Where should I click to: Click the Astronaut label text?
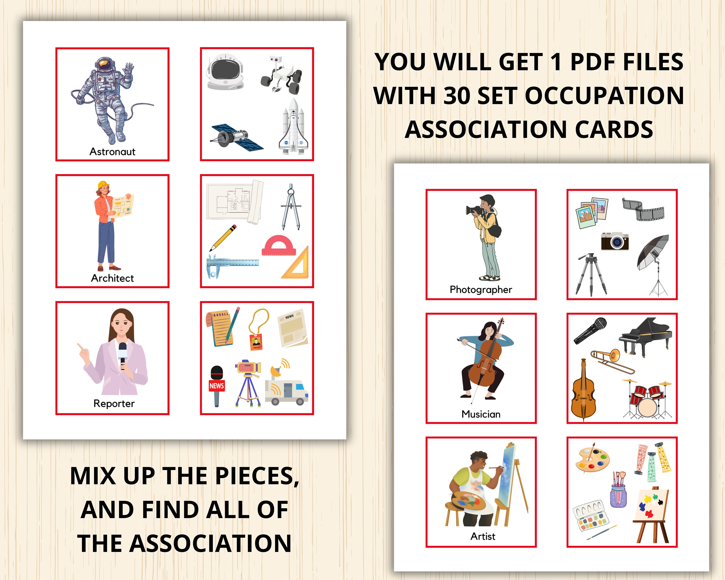[x=112, y=152]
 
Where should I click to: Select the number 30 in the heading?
[x=457, y=95]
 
